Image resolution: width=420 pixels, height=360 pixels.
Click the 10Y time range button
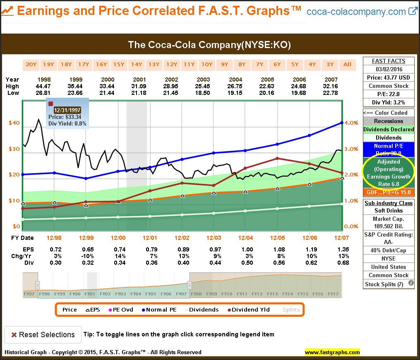click(x=206, y=64)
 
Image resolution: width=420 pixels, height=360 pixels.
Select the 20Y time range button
click(x=31, y=64)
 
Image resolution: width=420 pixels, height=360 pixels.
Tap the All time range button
click(x=347, y=64)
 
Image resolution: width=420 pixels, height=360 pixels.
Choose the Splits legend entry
click(x=291, y=309)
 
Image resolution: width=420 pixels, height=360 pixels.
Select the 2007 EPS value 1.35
click(x=343, y=249)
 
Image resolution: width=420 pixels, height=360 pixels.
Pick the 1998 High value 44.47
click(x=44, y=86)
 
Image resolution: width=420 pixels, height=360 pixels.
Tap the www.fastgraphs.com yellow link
click(x=332, y=353)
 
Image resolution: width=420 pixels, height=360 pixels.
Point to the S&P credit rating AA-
click(x=389, y=242)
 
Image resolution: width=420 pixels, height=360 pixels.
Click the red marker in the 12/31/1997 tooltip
click(x=51, y=104)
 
